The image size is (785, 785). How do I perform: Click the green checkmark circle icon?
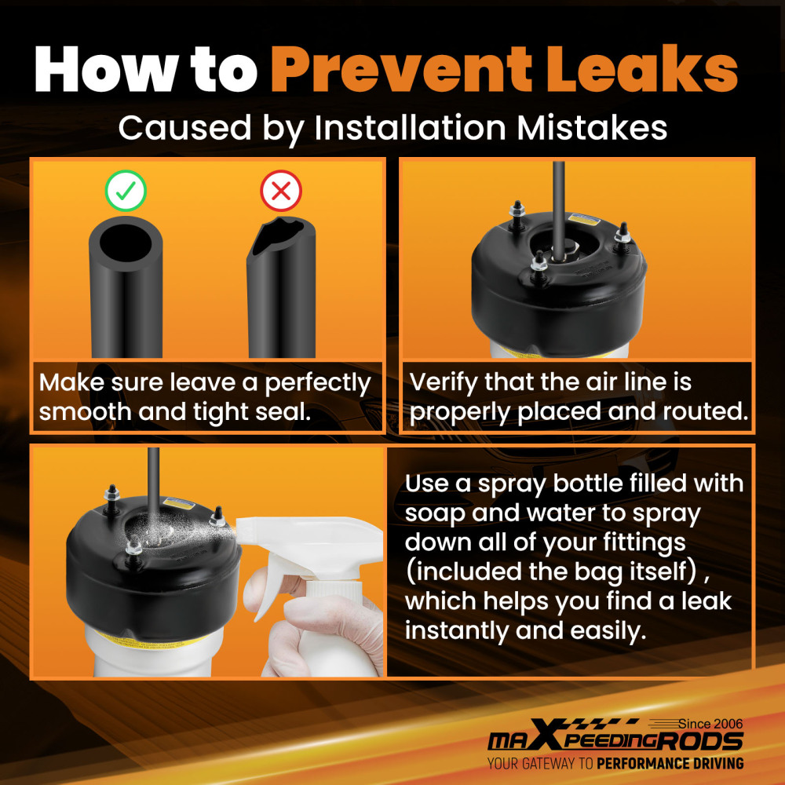point(126,191)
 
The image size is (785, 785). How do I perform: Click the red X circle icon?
point(281,191)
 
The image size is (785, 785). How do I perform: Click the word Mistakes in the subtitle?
point(592,127)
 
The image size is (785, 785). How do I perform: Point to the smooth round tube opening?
point(126,243)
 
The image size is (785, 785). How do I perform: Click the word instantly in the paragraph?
point(456,631)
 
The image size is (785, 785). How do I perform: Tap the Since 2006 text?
point(710,724)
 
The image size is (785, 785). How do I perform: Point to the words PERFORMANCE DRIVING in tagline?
point(670,764)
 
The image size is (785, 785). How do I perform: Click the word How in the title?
point(106,69)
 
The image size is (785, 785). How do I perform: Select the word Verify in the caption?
point(443,382)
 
